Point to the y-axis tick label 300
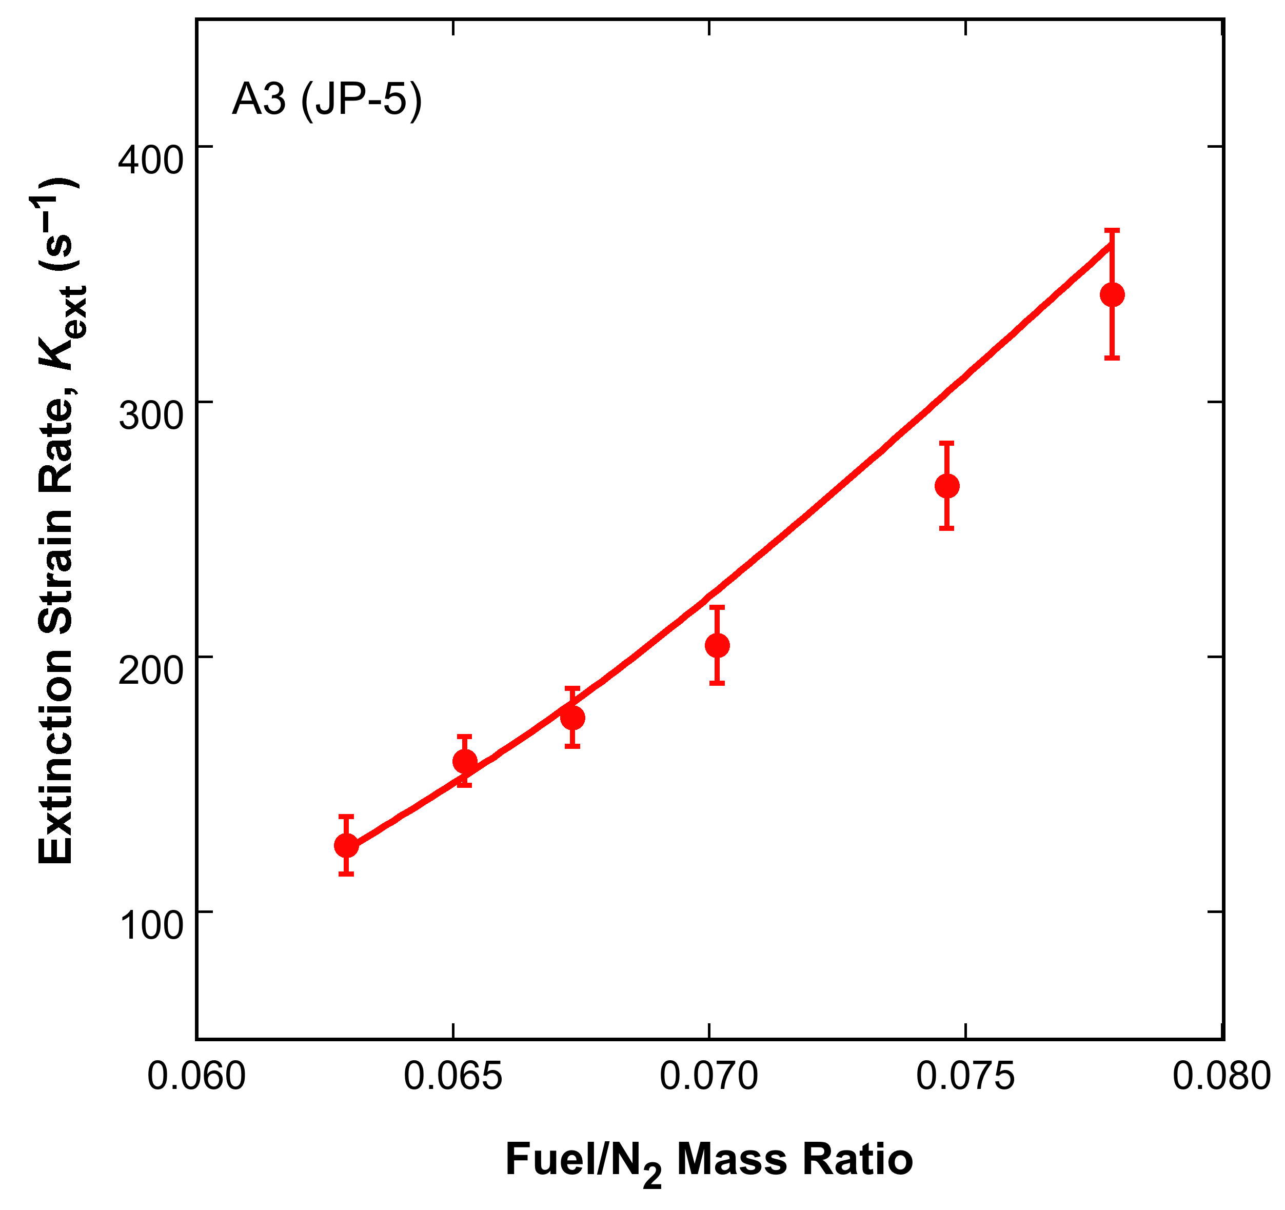(151, 415)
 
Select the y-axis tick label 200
(151, 670)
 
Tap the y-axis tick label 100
(151, 925)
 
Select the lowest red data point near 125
(346, 845)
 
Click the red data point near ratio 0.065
(465, 761)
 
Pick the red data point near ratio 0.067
(572, 718)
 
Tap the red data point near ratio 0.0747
(947, 486)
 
